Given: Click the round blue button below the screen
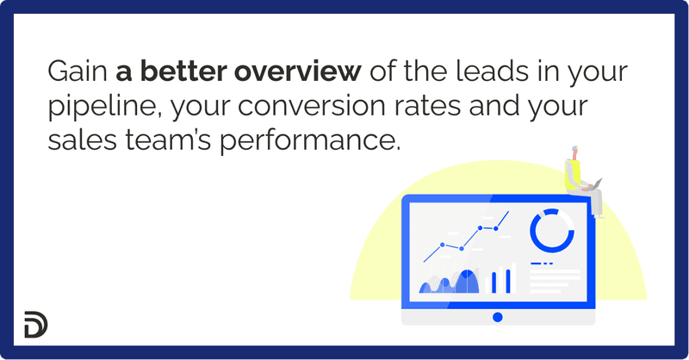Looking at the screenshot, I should tap(497, 317).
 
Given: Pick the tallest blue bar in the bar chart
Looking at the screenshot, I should tap(507, 280).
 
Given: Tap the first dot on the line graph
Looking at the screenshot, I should tap(443, 245).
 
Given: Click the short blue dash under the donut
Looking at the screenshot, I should tap(542, 263).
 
